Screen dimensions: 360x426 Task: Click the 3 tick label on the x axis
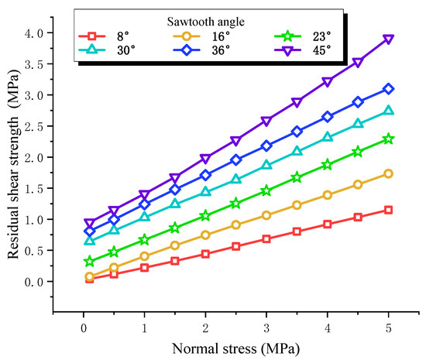click(266, 327)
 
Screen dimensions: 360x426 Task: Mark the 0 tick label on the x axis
click(83, 327)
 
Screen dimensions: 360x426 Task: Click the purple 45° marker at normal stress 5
click(388, 39)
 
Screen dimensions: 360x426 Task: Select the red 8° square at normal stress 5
click(388, 210)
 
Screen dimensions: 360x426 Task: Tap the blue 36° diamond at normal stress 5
click(388, 89)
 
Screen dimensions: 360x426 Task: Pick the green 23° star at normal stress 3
click(266, 190)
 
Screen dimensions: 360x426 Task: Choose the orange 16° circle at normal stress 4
click(327, 195)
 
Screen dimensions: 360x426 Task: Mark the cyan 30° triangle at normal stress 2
click(205, 191)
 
